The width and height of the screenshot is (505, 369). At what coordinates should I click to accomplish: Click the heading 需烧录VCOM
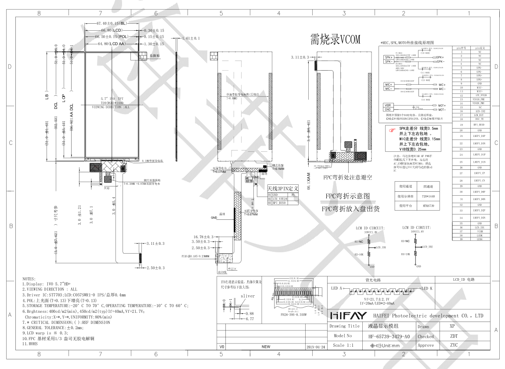[x=335, y=39]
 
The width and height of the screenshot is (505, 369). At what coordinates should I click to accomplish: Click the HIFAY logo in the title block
[x=348, y=315]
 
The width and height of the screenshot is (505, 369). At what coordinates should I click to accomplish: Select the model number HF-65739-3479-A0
[x=389, y=336]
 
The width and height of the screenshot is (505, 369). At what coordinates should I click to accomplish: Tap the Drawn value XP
[x=452, y=326]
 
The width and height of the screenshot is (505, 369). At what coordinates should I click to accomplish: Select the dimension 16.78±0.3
[x=203, y=237]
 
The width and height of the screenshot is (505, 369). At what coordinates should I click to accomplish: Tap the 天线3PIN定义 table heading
[x=283, y=188]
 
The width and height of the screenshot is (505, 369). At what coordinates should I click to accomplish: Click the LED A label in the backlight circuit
[x=337, y=288]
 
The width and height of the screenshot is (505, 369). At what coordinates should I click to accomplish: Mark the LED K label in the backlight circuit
[x=427, y=288]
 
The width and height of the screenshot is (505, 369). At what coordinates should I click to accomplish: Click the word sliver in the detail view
[x=247, y=296]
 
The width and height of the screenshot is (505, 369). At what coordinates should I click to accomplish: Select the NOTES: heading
[x=29, y=279]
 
